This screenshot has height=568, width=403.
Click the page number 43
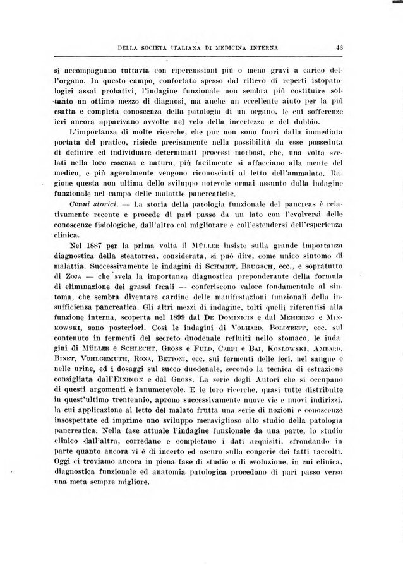(x=339, y=47)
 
